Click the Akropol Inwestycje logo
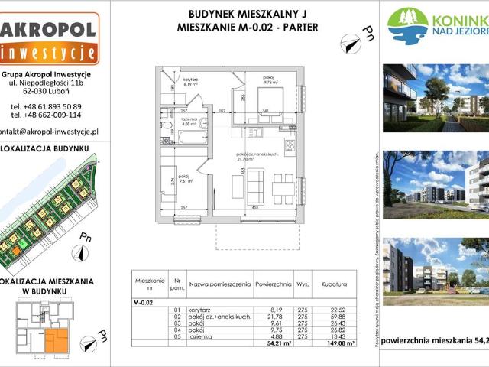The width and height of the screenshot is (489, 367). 49,38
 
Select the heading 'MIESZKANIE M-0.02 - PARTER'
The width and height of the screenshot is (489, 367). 242,28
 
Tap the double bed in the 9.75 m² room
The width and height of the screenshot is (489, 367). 270,100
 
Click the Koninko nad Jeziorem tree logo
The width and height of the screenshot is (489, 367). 407,24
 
